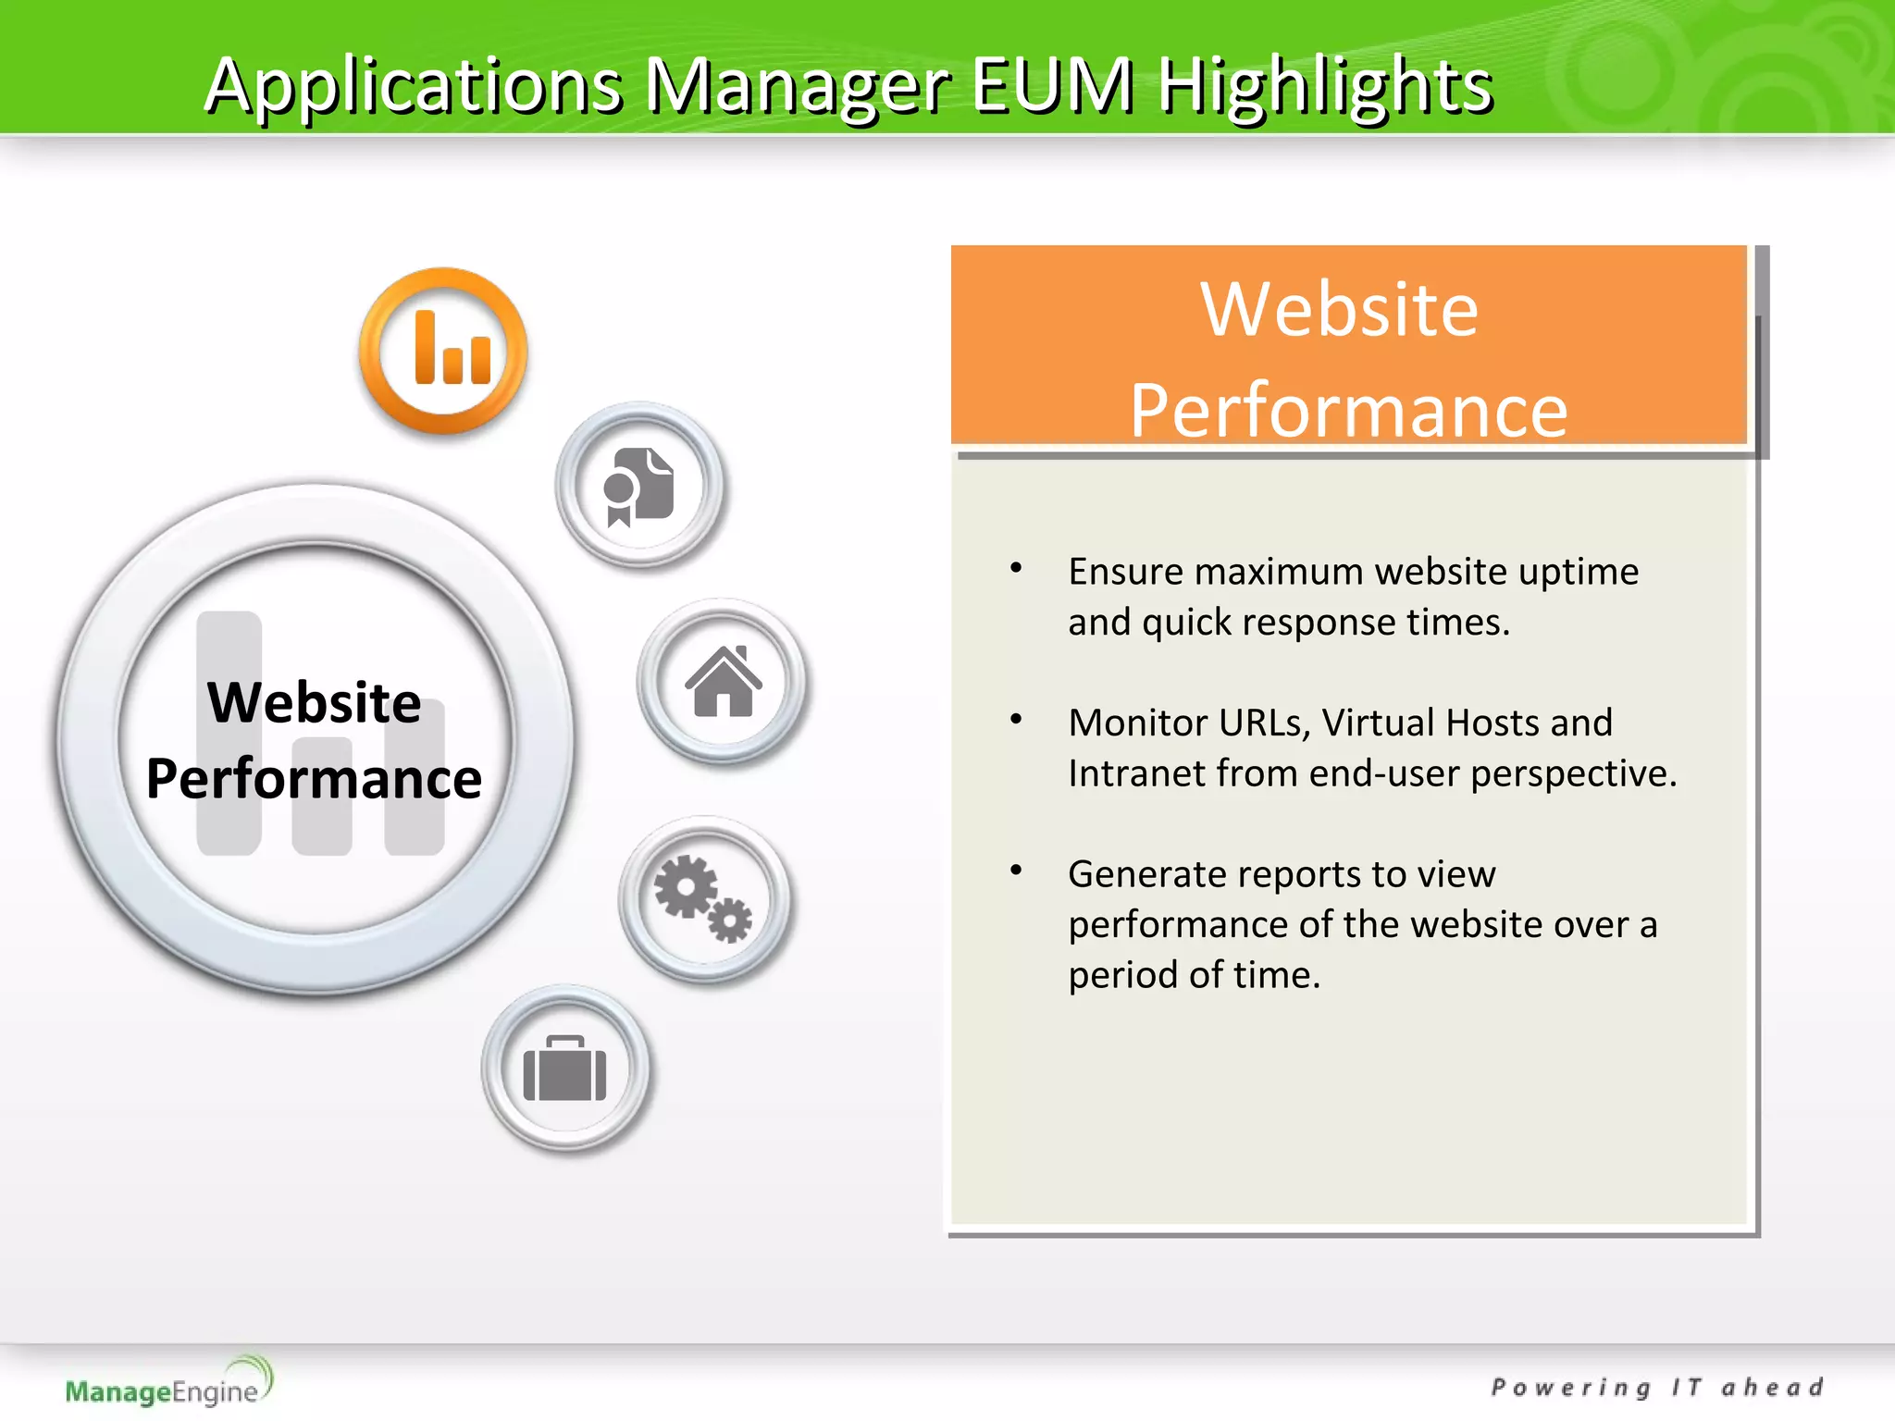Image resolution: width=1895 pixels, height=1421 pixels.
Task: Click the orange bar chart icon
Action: tap(444, 351)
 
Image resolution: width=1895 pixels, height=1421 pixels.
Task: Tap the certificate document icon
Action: tap(639, 486)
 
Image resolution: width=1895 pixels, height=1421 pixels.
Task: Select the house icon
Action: tap(723, 682)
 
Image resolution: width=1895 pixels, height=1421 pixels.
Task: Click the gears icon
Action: tap(704, 898)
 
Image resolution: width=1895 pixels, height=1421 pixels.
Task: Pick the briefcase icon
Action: tap(565, 1069)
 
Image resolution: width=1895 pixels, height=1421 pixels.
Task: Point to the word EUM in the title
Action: tap(1053, 85)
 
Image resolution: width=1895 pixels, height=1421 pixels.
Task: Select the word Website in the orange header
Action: tap(1340, 309)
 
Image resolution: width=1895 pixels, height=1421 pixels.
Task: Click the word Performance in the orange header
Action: tap(1349, 410)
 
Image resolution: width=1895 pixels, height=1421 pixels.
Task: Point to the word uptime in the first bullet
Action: tap(1579, 572)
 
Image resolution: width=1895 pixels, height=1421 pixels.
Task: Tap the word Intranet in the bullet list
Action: tap(1136, 773)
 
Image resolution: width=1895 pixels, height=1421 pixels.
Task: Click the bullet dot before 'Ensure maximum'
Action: tap(1016, 568)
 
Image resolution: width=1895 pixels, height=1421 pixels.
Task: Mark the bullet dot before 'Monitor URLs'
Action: tap(1016, 719)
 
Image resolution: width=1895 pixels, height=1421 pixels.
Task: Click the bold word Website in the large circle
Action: tap(314, 702)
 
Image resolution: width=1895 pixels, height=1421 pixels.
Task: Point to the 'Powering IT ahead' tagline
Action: tap(1657, 1388)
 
